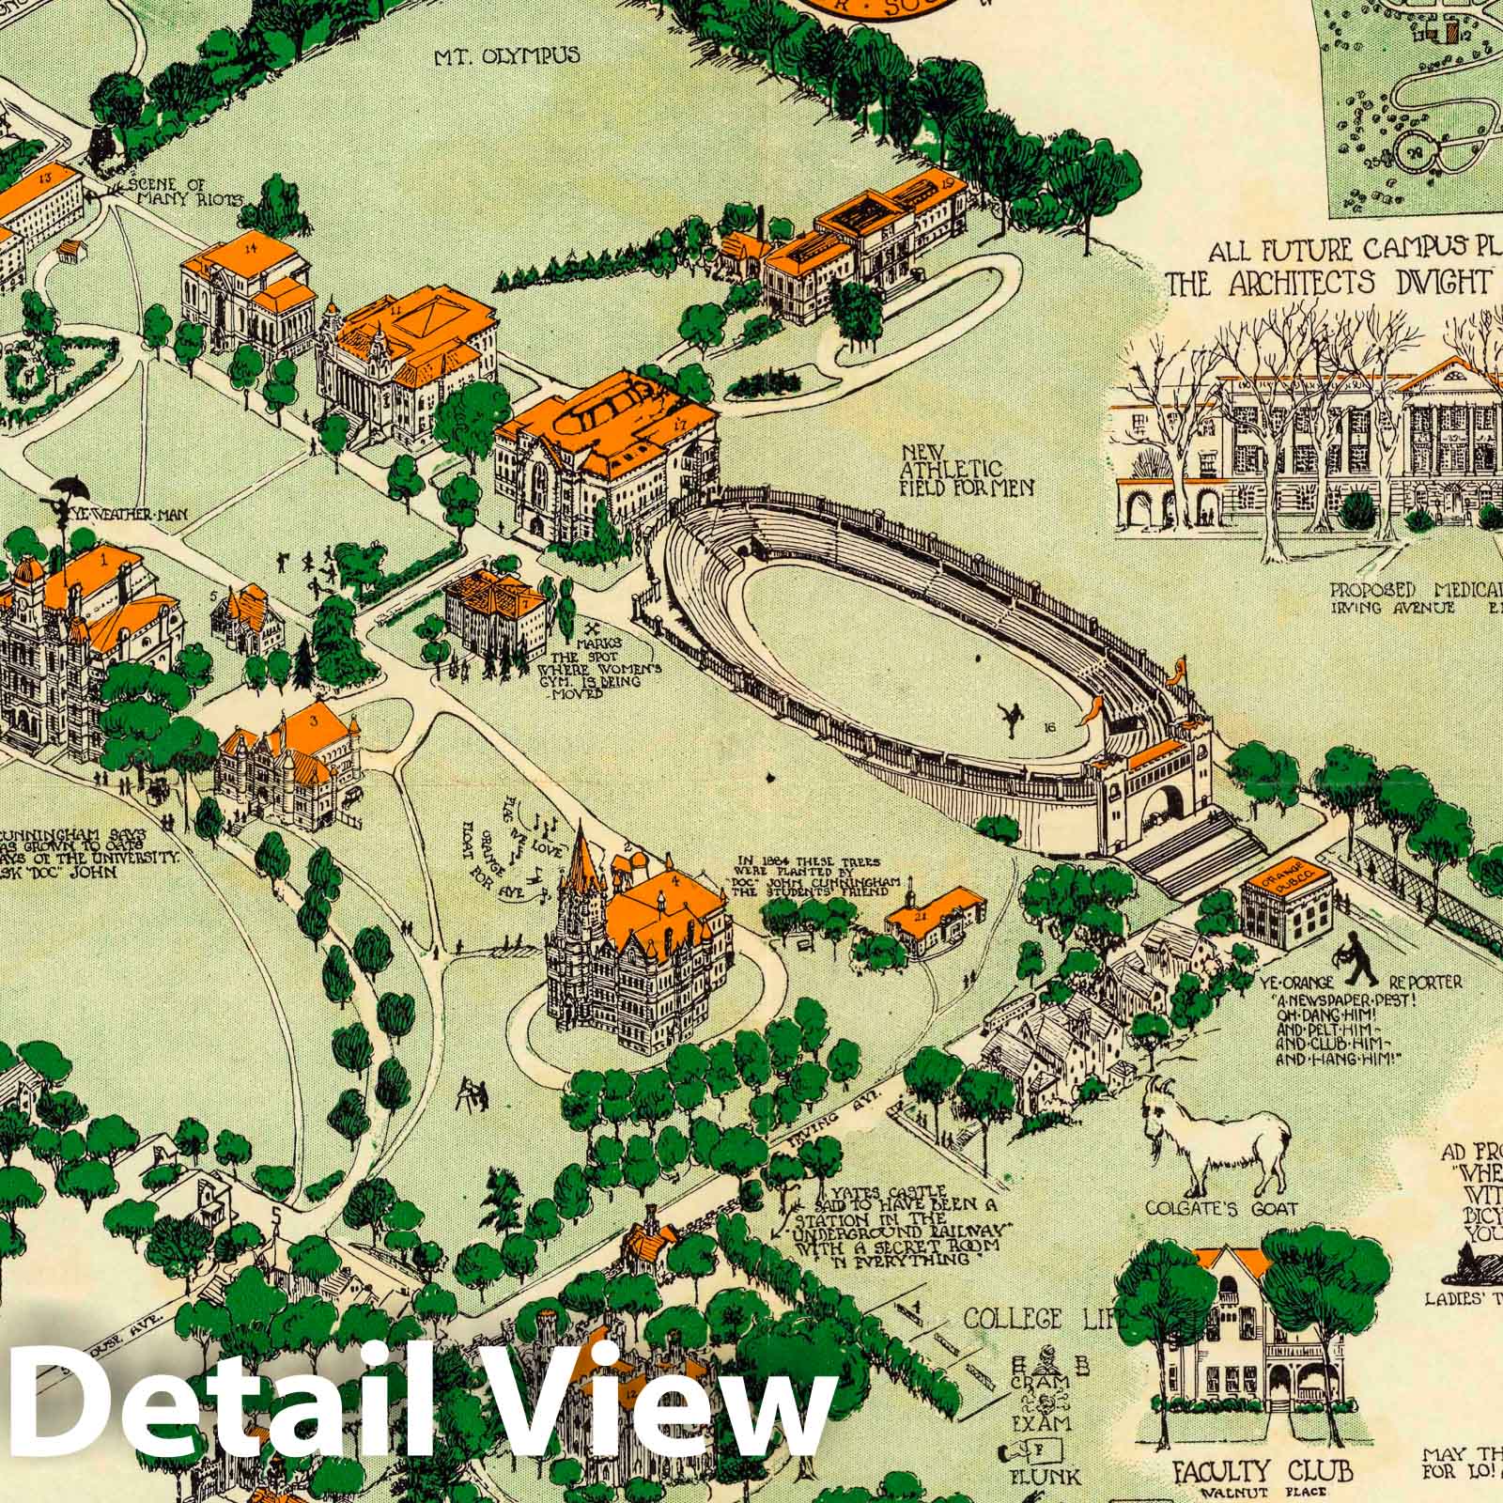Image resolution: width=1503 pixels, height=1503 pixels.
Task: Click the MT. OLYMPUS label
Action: (x=506, y=56)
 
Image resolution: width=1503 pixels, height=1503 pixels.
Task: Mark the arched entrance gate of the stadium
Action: (x=1164, y=804)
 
